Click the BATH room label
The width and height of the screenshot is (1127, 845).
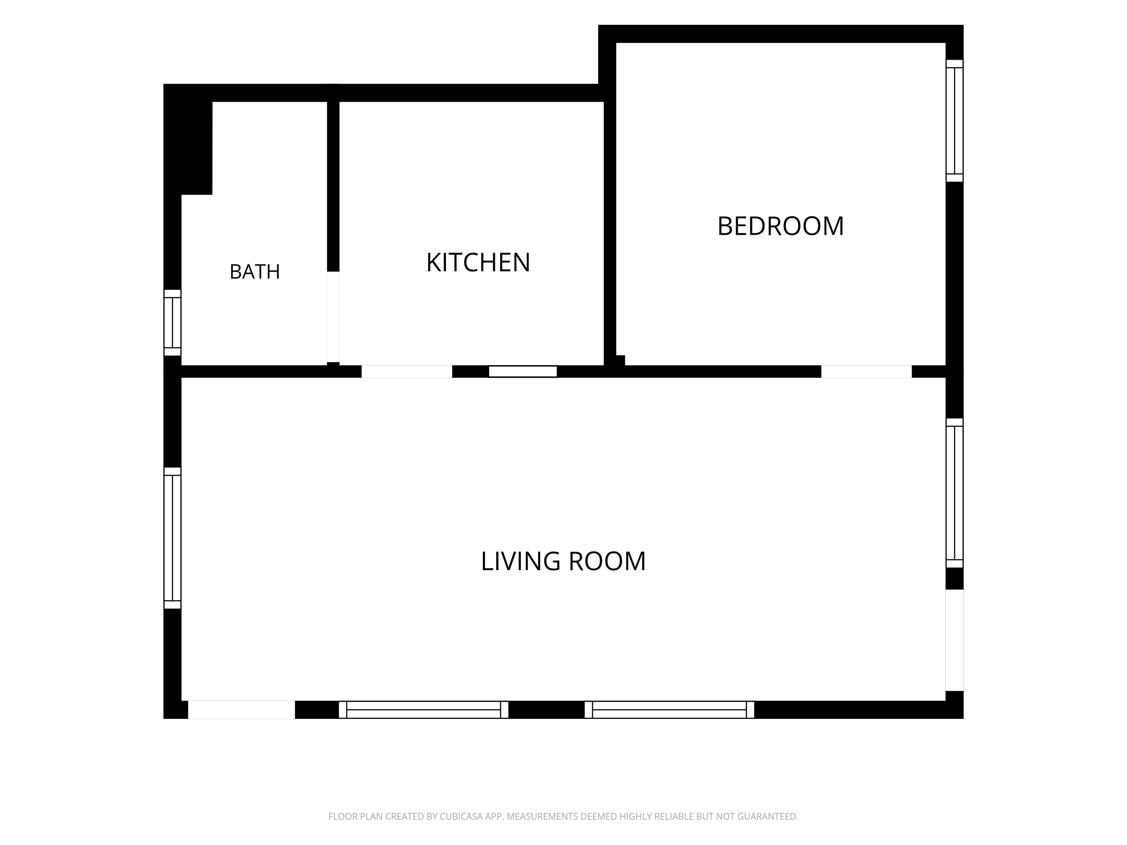pos(255,272)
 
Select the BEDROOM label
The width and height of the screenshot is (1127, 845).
pos(781,226)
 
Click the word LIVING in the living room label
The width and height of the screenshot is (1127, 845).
pos(521,561)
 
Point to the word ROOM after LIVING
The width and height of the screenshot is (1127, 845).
pos(607,561)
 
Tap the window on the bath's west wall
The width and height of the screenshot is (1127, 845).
pos(172,322)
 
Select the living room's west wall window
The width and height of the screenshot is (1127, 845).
pos(172,538)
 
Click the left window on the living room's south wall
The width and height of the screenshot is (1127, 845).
pos(424,710)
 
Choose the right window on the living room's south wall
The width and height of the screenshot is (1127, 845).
pos(670,710)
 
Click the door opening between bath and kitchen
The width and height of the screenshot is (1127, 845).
pos(333,317)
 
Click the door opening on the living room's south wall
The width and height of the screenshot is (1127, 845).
pos(241,710)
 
